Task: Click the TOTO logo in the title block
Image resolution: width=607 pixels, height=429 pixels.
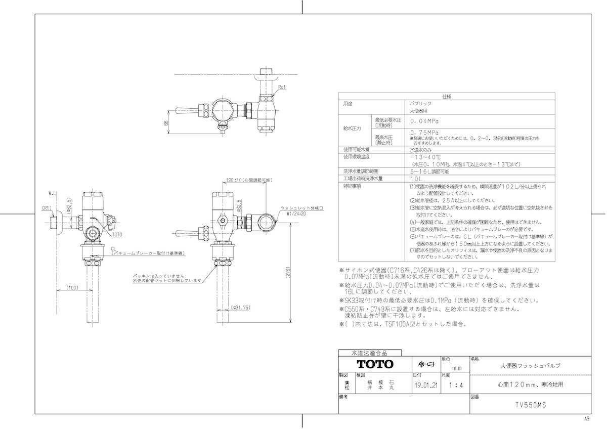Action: (375, 364)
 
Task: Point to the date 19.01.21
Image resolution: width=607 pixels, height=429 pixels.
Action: (425, 385)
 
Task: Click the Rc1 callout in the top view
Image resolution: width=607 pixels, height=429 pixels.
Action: (282, 87)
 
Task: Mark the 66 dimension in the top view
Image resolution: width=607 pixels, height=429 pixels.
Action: (165, 123)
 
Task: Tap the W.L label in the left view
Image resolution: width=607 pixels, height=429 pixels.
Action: (53, 193)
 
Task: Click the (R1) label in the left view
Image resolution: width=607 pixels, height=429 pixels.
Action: (47, 207)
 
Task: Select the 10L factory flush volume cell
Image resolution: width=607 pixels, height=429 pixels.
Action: (417, 179)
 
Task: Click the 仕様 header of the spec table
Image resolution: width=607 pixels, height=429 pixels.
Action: (446, 96)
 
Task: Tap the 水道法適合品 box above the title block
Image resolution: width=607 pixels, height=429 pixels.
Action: (369, 353)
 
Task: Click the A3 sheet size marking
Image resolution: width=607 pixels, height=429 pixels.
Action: (587, 419)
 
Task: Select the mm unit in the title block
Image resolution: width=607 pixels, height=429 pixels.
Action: (456, 368)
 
